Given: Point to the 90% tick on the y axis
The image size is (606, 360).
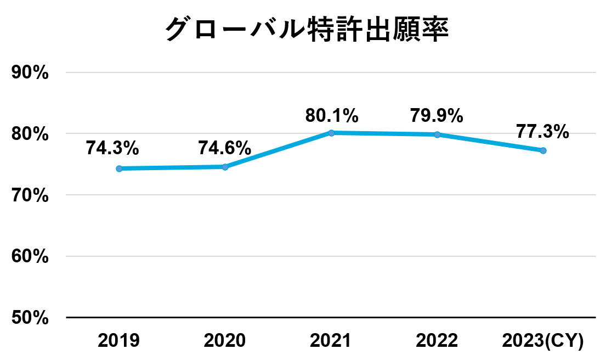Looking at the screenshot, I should coord(31,73).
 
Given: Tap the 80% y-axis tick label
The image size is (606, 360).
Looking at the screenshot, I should coord(31,134).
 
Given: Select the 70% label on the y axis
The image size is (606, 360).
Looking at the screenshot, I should coord(31,195).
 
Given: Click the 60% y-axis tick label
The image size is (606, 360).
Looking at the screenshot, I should coord(31,256).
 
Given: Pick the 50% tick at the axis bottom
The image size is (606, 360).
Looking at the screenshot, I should coord(31,318).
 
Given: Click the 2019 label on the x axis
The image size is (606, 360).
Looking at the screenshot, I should coord(118,341).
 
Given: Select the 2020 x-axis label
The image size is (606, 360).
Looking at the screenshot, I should coord(225,341).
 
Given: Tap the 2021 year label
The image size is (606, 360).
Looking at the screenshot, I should coord(331,341).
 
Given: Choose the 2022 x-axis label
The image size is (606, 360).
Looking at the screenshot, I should coord(437,341).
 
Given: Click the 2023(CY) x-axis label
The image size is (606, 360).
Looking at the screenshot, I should coord(543,341).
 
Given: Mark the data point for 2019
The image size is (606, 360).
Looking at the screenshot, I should coord(119,168).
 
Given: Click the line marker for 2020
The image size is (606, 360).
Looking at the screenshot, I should coord(225,167).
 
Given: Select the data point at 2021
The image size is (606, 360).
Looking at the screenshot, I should coord(331,133).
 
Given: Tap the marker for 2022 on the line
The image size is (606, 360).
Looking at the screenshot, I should coord(437,134).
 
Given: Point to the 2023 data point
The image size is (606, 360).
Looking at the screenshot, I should coord(543,150).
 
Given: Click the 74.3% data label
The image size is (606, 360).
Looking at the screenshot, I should coord(112,148).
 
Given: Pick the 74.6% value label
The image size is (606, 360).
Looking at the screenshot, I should coord(225,148).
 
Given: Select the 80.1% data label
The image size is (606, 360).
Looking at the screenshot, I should coord(332,116).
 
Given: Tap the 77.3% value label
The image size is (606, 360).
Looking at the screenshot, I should coord(542,132).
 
